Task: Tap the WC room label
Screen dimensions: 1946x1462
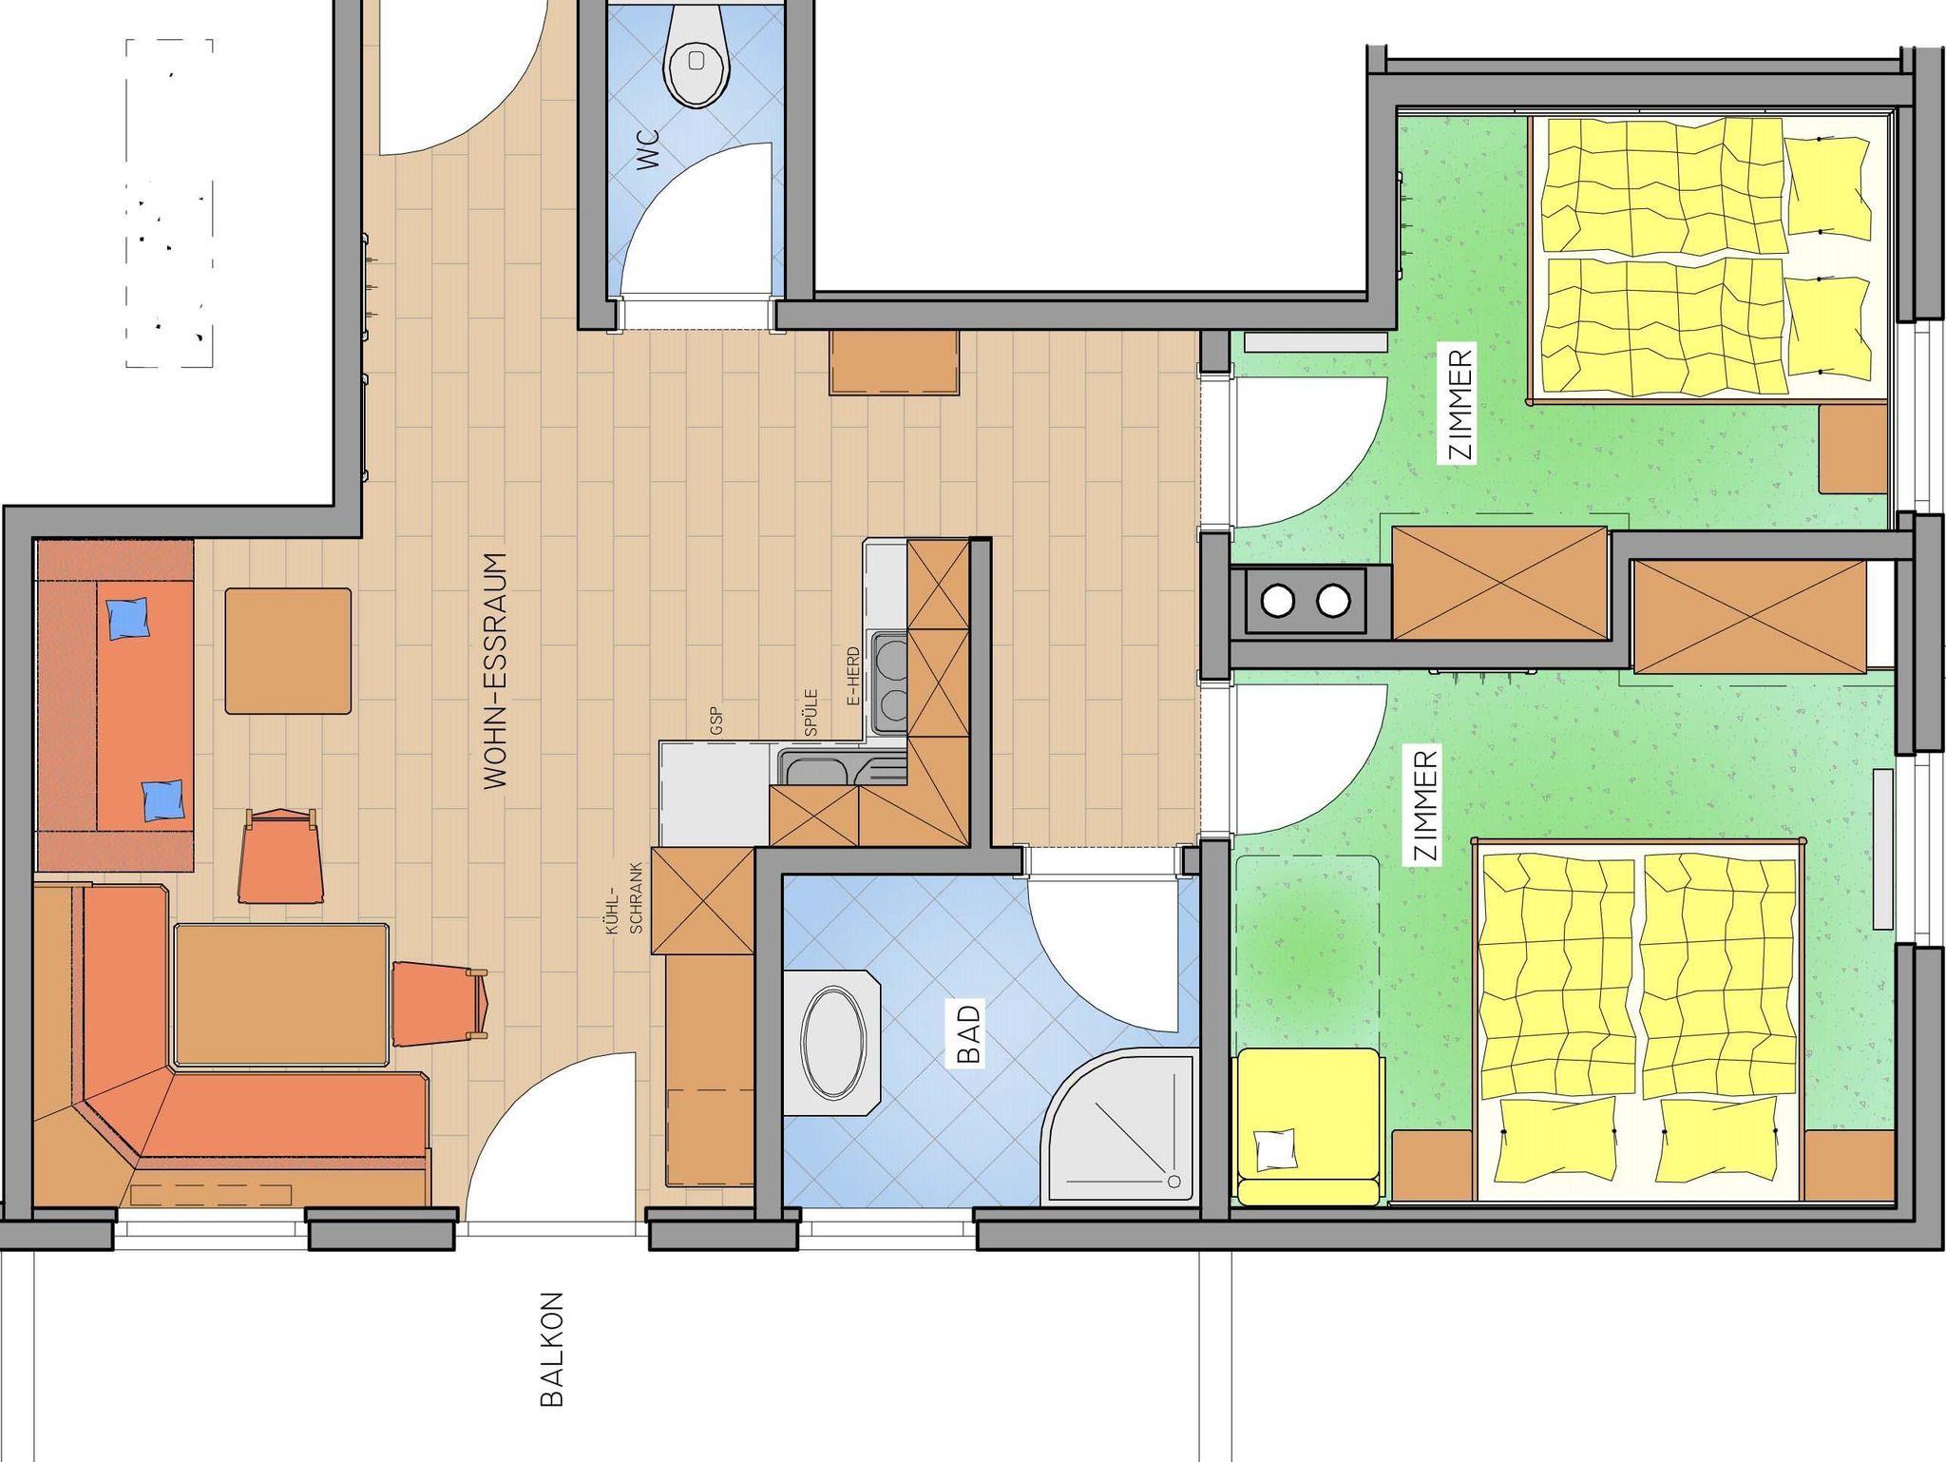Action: coord(649,149)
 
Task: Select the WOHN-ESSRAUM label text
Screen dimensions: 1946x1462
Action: coord(495,671)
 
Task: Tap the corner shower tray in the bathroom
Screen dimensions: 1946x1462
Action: coord(1119,1127)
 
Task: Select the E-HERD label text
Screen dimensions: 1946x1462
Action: coord(852,676)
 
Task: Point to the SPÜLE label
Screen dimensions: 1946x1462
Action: coord(811,712)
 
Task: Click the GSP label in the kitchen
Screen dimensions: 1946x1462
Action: coord(715,721)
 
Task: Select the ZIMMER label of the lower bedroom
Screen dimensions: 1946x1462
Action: coord(1425,805)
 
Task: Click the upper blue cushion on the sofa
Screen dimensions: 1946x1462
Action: coord(130,618)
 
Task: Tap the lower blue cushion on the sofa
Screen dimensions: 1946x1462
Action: coord(162,800)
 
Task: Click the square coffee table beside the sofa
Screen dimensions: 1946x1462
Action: coord(288,650)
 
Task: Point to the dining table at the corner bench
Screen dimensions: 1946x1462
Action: coord(282,993)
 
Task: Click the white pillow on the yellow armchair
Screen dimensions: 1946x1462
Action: coord(1276,1149)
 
